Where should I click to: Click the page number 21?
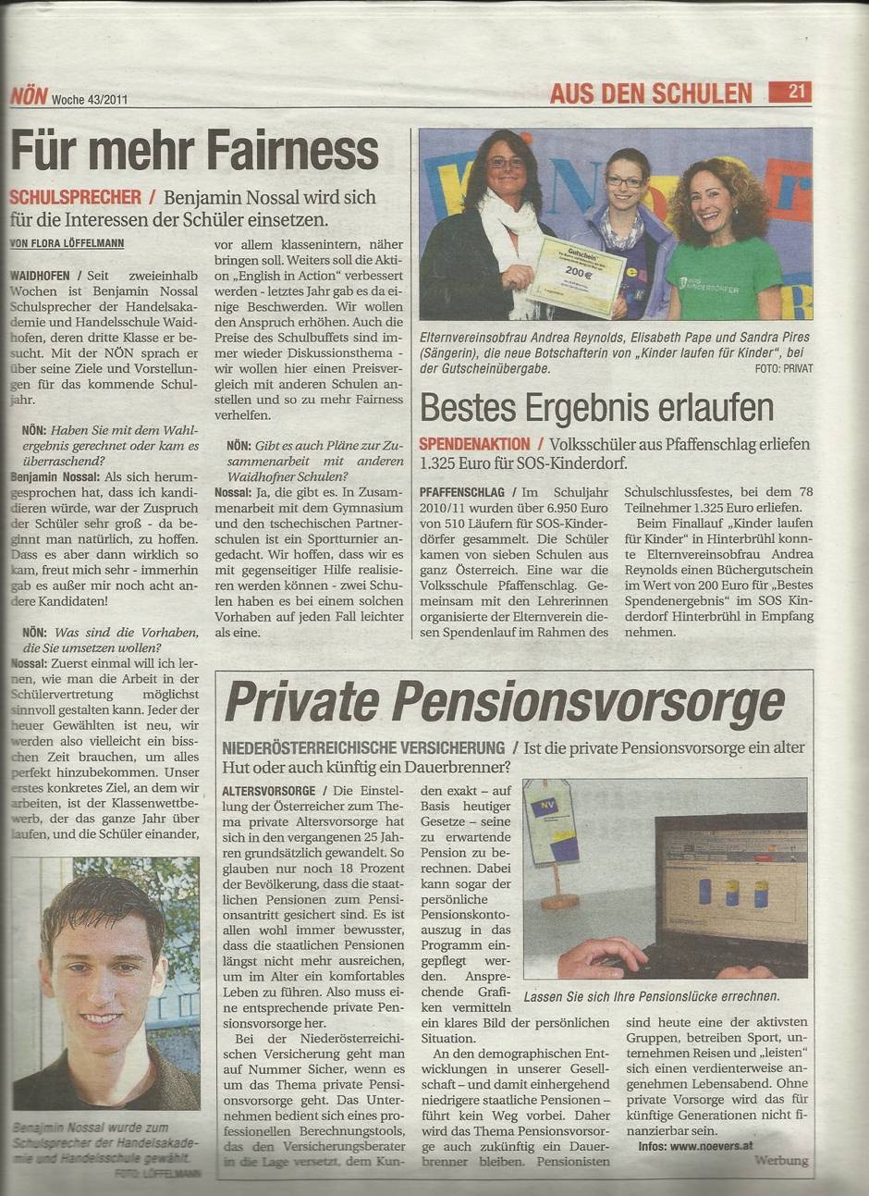click(x=798, y=92)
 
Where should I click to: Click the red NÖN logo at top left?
click(x=28, y=94)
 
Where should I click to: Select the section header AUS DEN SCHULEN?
click(x=651, y=93)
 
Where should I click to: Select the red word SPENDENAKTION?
click(x=474, y=444)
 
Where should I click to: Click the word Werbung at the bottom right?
click(x=780, y=1160)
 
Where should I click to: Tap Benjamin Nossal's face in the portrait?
click(x=103, y=971)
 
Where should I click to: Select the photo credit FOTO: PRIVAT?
click(x=782, y=368)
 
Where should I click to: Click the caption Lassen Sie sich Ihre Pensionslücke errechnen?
click(x=651, y=996)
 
